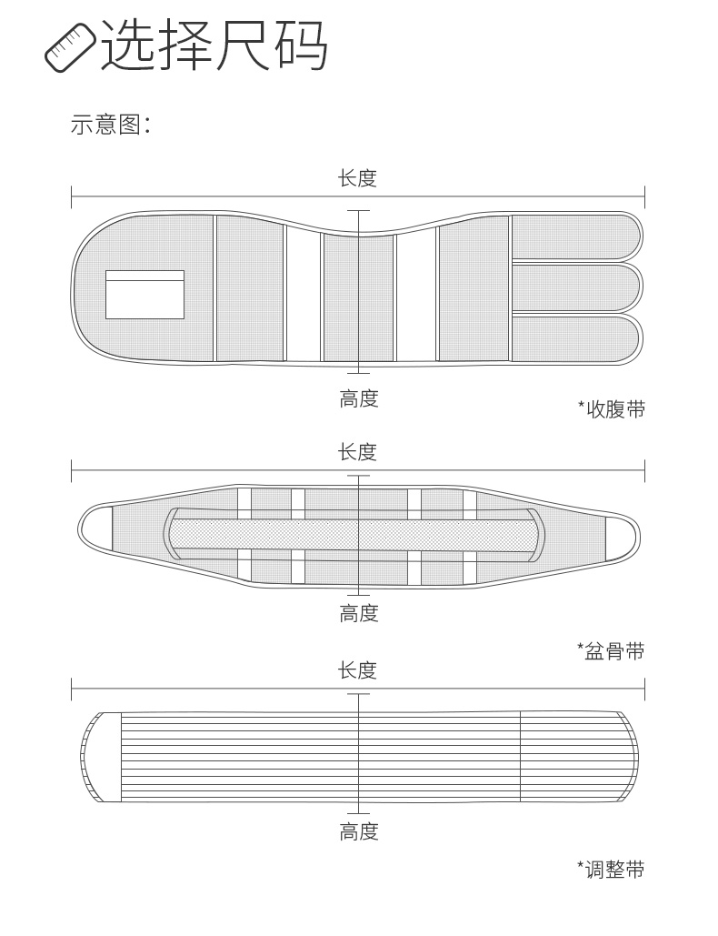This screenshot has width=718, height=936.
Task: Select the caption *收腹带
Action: click(x=612, y=409)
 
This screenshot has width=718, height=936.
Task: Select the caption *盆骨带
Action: click(x=612, y=651)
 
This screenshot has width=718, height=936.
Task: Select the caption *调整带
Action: click(x=612, y=870)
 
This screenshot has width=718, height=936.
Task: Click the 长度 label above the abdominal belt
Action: click(x=357, y=178)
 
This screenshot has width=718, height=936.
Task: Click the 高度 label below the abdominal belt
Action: click(x=358, y=398)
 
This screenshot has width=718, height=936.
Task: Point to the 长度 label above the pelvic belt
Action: click(x=357, y=452)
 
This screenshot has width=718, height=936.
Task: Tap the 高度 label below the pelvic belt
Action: click(x=358, y=614)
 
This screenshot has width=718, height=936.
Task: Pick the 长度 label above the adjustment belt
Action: click(x=357, y=671)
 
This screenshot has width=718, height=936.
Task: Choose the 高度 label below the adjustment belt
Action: click(x=358, y=831)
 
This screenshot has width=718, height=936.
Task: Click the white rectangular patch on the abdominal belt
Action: click(x=145, y=295)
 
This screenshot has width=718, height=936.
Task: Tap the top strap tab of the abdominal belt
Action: click(x=575, y=236)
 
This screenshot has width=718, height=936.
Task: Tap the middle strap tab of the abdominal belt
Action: click(x=575, y=287)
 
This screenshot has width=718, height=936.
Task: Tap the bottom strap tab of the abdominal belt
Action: click(x=575, y=338)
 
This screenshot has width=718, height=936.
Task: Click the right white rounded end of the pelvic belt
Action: click(x=622, y=537)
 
